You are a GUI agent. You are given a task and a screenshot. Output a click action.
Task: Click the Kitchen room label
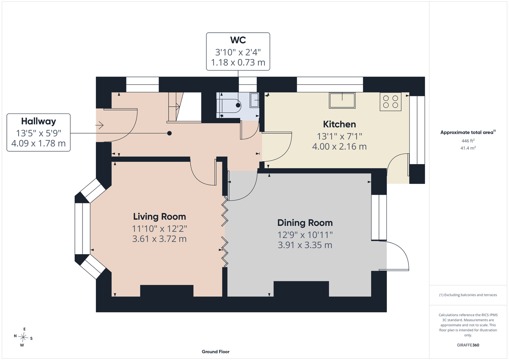pyautogui.click(x=339, y=125)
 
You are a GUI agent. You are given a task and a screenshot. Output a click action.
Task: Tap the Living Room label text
pyautogui.click(x=160, y=217)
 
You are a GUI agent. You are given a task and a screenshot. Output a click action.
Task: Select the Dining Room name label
pyautogui.click(x=305, y=223)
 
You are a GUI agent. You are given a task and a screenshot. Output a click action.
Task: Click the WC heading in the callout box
pyautogui.click(x=238, y=40)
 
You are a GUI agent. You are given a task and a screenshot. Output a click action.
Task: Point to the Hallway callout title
pyautogui.click(x=39, y=121)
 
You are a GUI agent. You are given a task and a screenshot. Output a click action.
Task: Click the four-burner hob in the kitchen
pyautogui.click(x=390, y=102)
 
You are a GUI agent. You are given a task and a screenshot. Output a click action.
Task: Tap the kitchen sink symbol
pyautogui.click(x=342, y=100)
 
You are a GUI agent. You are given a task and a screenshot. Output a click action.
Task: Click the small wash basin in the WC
pyautogui.click(x=254, y=100)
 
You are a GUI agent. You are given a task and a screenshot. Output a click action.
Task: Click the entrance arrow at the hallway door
pyautogui.click(x=99, y=125)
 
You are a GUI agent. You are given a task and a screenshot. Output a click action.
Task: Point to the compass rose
pyautogui.click(x=23, y=337)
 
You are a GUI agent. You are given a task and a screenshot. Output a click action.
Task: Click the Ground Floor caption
pyautogui.click(x=216, y=352)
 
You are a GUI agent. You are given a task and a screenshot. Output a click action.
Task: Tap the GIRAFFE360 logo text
pyautogui.click(x=468, y=345)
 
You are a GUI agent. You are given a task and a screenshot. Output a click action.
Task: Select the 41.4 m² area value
pyautogui.click(x=468, y=148)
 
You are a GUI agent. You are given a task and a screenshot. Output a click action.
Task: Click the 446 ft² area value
pyautogui.click(x=468, y=141)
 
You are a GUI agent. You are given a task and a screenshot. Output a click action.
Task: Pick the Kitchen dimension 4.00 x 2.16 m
pyautogui.click(x=339, y=147)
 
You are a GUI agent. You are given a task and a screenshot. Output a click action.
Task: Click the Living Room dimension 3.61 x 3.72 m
pyautogui.click(x=160, y=239)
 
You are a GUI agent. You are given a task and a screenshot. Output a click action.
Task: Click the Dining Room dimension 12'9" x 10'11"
pyautogui.click(x=305, y=235)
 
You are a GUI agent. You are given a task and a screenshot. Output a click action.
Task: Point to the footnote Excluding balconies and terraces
pyautogui.click(x=468, y=295)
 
